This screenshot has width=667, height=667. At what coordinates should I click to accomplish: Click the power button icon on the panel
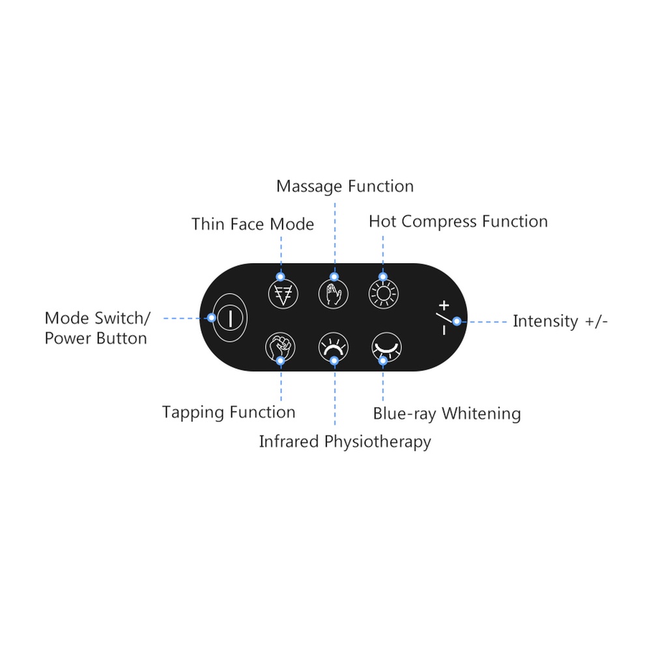230,318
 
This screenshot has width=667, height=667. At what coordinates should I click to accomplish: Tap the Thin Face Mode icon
282,294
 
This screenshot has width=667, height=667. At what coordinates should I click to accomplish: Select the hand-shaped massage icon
333,294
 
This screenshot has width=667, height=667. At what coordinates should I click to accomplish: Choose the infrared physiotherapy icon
333,347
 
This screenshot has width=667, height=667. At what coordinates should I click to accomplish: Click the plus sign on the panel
444,305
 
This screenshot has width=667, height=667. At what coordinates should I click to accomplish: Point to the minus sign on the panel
444,331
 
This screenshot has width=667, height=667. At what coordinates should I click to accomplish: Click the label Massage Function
345,186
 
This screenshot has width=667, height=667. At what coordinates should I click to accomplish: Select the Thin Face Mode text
253,225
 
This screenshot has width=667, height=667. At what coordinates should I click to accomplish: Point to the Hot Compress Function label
458,221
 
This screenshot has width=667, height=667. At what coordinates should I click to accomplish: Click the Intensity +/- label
560,321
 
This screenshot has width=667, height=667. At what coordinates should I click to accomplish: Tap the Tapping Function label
229,412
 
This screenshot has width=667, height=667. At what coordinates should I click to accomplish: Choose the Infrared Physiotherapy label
345,442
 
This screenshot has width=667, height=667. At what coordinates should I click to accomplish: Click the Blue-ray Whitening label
447,414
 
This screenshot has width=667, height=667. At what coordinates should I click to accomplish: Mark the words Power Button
96,338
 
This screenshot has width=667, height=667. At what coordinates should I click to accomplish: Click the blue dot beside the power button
211,318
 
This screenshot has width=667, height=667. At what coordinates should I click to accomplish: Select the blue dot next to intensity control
457,321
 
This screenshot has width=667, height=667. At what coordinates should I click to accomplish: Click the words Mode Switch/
98,319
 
